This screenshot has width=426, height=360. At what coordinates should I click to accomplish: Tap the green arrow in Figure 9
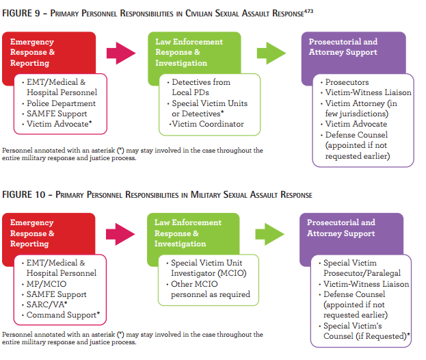click(x=271, y=53)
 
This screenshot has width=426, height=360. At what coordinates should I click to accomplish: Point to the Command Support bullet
click(x=63, y=315)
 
